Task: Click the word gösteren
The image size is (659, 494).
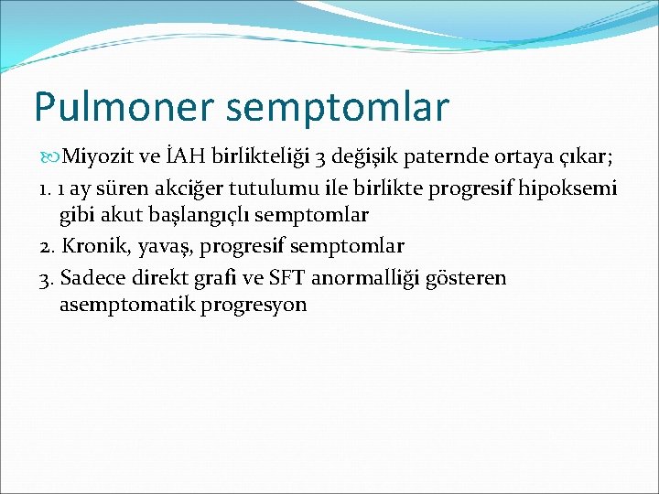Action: [x=467, y=277]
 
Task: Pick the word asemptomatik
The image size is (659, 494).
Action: [x=119, y=305]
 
